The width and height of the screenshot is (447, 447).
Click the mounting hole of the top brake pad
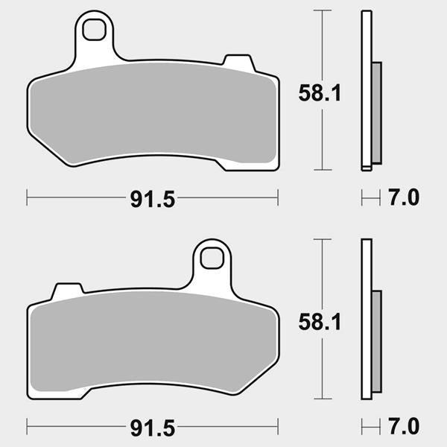(94, 30)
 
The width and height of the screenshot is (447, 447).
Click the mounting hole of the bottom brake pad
(212, 258)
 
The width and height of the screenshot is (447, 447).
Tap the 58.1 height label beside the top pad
(320, 93)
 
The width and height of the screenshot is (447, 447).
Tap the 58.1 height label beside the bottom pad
(320, 322)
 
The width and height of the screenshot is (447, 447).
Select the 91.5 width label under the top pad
(153, 199)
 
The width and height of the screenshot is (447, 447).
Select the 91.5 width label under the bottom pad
(153, 428)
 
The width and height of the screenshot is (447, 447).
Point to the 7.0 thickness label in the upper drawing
(404, 197)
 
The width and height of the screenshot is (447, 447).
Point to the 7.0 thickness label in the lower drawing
(404, 426)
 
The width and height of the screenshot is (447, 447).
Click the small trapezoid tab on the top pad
(239, 63)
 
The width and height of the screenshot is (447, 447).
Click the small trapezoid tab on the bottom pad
(68, 291)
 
